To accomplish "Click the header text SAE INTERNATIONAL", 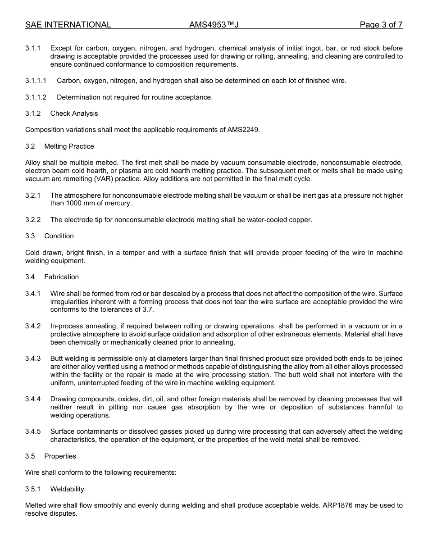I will coord(68,25).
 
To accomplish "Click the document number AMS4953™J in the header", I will coord(214,25).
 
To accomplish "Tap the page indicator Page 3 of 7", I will coord(381,25).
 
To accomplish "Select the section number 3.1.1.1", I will coord(36,81).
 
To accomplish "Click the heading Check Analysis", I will coord(74,114).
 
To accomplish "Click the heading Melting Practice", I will coord(69,146).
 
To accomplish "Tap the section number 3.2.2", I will coord(33,220).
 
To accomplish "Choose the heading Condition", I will coord(59,236).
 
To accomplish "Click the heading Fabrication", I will coord(61,277).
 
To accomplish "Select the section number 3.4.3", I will coord(33,359).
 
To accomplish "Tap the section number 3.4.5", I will coord(33,431).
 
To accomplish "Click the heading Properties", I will coord(60,456).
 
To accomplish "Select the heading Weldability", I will coord(67,489).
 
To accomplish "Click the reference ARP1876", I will coord(338,505).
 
